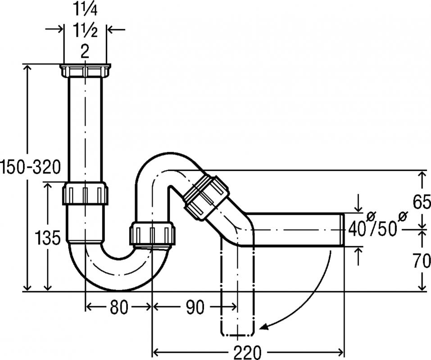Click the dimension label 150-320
pyautogui.click(x=31, y=167)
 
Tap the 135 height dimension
pyautogui.click(x=48, y=238)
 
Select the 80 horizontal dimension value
pyautogui.click(x=119, y=307)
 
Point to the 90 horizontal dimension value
pyautogui.click(x=195, y=307)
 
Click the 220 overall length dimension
pyautogui.click(x=247, y=352)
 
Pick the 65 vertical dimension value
pyautogui.click(x=422, y=202)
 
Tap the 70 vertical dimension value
pyautogui.click(x=422, y=261)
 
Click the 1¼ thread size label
pyautogui.click(x=85, y=10)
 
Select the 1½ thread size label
pyautogui.click(x=85, y=30)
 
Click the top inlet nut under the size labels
pyautogui.click(x=85, y=71)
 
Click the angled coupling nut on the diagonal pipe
pyautogui.click(x=206, y=196)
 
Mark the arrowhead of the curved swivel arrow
pyautogui.click(x=263, y=327)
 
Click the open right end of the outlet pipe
pyautogui.click(x=342, y=229)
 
